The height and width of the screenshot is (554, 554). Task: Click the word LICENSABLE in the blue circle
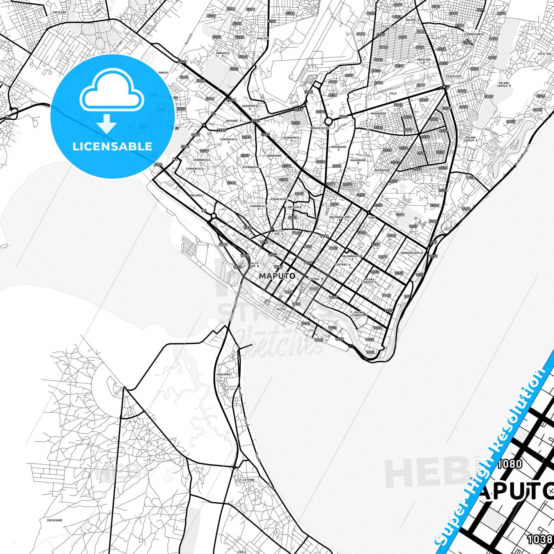[112, 146]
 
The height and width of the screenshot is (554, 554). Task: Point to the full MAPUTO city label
[277, 276]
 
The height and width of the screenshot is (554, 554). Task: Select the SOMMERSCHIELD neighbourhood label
[411, 253]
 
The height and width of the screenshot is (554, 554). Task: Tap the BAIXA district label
[281, 309]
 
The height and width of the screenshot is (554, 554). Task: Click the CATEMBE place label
[248, 480]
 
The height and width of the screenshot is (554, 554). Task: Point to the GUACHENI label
[223, 374]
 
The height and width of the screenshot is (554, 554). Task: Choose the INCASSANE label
[55, 521]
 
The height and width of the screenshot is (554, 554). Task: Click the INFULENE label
[59, 12]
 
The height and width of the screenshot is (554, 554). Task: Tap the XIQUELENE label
[454, 76]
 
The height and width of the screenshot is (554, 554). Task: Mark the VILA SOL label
[544, 54]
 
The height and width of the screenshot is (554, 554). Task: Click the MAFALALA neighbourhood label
[294, 207]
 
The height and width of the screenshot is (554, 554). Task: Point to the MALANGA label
[196, 195]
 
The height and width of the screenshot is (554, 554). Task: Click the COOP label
[372, 218]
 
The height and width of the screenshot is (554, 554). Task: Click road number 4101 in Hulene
[402, 37]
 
